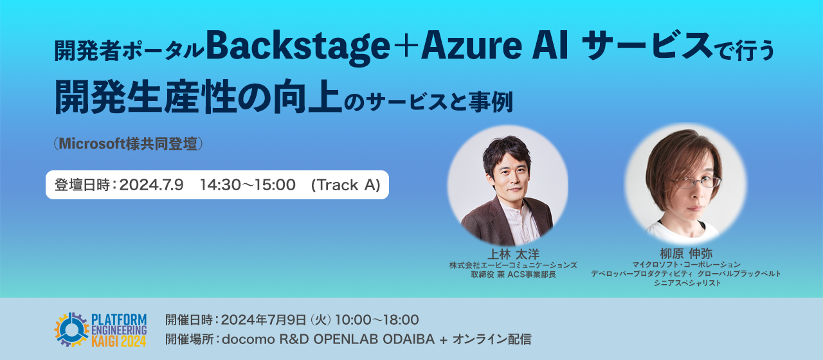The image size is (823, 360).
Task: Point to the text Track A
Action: coord(346,185)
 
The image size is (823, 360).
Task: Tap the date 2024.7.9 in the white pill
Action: coord(152,185)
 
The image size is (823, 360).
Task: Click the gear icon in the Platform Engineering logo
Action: coord(72,328)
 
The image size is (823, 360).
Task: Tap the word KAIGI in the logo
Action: coord(107,341)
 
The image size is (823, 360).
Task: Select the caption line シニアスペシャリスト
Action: coord(686,283)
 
